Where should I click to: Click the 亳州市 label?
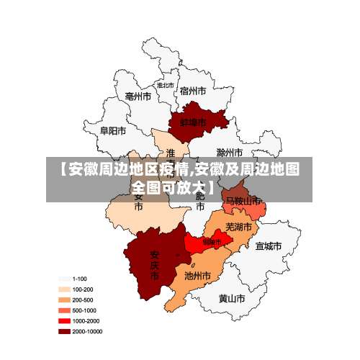(x=138, y=96)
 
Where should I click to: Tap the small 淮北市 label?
(x=166, y=85)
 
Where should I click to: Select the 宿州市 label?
(x=193, y=91)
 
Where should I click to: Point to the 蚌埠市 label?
(x=192, y=122)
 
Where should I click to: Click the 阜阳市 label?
(x=113, y=131)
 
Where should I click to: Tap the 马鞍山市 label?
(x=243, y=201)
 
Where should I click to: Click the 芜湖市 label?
(x=239, y=227)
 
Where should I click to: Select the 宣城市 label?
(x=268, y=246)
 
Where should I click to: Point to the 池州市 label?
(x=197, y=275)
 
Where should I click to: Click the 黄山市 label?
(x=233, y=297)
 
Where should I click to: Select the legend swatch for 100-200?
(x=64, y=289)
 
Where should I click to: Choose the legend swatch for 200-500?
(x=64, y=300)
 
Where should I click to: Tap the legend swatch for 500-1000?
(x=64, y=310)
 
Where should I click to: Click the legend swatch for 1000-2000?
(x=64, y=320)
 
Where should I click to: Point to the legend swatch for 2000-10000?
(x=64, y=331)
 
